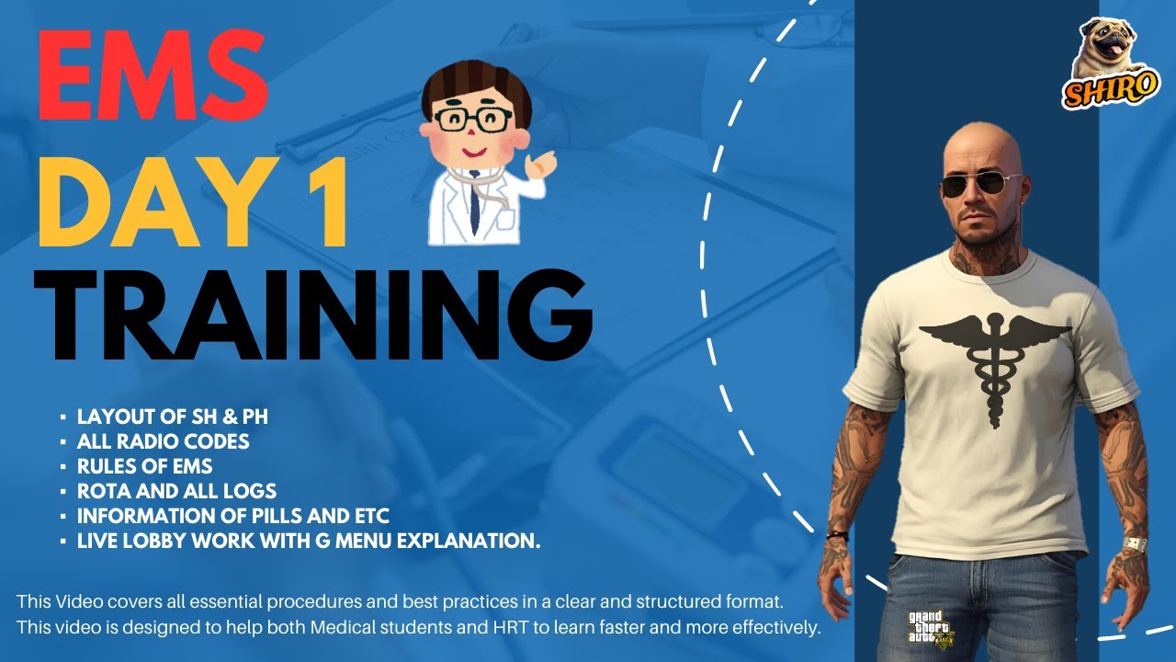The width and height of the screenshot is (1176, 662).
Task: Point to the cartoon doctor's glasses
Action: coord(474,119)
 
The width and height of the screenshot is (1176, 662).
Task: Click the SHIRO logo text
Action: coord(1099,90)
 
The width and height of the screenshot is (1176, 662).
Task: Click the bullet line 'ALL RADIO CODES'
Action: coord(163,442)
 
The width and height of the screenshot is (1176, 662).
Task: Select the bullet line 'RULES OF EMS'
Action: coord(144,466)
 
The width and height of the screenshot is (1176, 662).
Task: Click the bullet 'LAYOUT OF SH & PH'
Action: coord(172,417)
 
